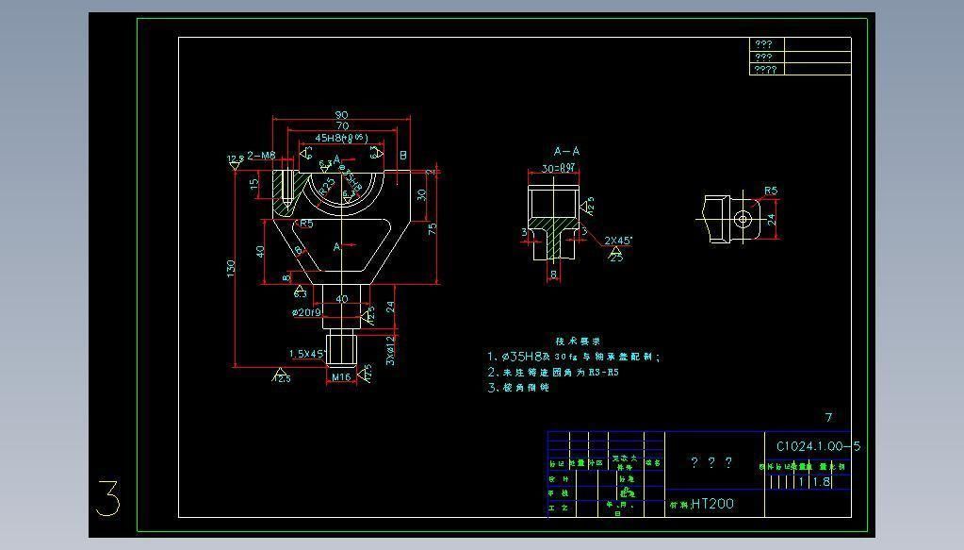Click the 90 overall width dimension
click(x=341, y=115)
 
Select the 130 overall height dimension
click(x=231, y=269)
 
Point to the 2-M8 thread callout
click(x=261, y=156)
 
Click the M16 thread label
click(x=340, y=377)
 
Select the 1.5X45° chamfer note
click(x=307, y=354)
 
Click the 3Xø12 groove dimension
click(x=389, y=350)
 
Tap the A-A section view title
click(x=566, y=151)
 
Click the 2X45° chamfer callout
click(x=618, y=241)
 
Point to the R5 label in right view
click(x=770, y=192)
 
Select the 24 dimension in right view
click(x=771, y=220)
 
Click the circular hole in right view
click(x=743, y=220)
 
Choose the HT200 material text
click(x=712, y=504)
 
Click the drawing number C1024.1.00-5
click(x=818, y=446)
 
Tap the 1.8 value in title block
click(x=821, y=482)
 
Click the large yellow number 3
click(x=108, y=498)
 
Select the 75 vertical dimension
click(x=433, y=227)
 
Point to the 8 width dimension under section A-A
click(x=553, y=275)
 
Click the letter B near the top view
click(x=403, y=156)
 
